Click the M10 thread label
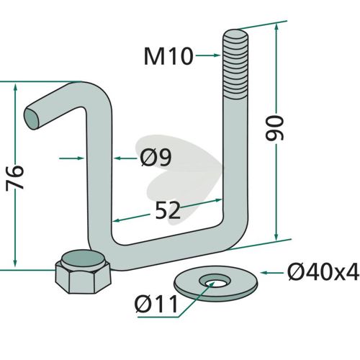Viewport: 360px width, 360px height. click(x=168, y=56)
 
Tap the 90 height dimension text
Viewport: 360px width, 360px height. click(x=275, y=128)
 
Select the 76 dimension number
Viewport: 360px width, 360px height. click(x=15, y=178)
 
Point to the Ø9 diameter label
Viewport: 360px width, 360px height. click(x=156, y=158)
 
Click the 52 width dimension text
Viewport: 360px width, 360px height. click(x=168, y=210)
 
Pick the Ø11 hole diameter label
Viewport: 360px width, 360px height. click(x=156, y=304)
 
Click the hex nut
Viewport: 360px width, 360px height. click(x=83, y=271)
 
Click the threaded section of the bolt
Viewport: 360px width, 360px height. click(x=235, y=63)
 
